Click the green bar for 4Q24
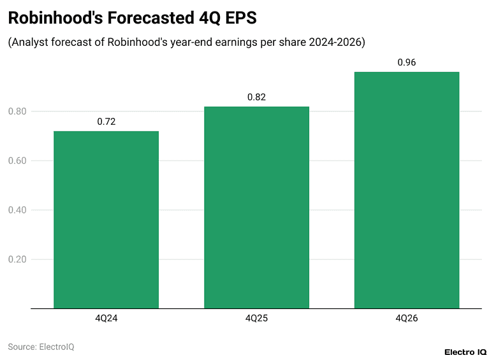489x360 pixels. [x=106, y=220]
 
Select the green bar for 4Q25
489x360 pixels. [x=256, y=208]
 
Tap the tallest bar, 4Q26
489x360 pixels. [x=407, y=190]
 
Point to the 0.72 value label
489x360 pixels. [x=106, y=122]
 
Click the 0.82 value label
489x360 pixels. [x=256, y=97]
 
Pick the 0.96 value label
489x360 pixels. [x=407, y=62]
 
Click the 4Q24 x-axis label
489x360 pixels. [x=106, y=317]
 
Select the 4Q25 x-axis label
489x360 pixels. [x=256, y=317]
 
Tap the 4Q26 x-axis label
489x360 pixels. [x=407, y=317]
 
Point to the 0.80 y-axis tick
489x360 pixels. [x=17, y=112]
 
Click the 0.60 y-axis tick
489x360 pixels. [x=17, y=161]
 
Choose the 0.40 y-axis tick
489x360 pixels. [x=17, y=210]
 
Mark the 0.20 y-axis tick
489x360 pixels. [x=17, y=259]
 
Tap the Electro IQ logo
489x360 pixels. [x=465, y=351]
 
